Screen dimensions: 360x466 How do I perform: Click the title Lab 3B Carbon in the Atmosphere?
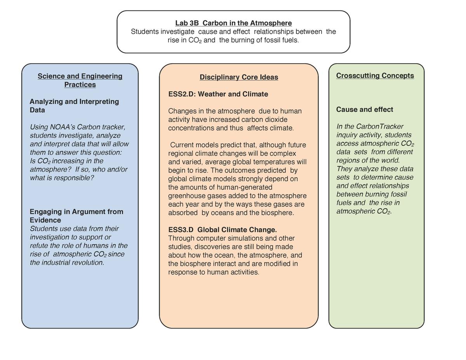click(x=233, y=23)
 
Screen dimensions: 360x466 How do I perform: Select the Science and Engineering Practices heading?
click(x=80, y=80)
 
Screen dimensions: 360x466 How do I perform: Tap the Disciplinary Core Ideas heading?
click(x=239, y=77)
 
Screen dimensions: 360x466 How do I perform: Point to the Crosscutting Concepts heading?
click(x=375, y=75)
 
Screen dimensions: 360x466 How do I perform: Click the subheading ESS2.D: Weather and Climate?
click(x=218, y=94)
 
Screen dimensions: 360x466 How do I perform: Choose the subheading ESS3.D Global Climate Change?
click(x=223, y=230)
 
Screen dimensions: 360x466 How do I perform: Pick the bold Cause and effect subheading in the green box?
click(x=365, y=110)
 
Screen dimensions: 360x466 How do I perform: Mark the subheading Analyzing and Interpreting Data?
click(x=74, y=106)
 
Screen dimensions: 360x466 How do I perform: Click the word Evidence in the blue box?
click(x=45, y=220)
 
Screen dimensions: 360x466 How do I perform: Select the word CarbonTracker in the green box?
click(x=380, y=127)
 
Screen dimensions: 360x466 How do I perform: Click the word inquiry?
click(x=346, y=135)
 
